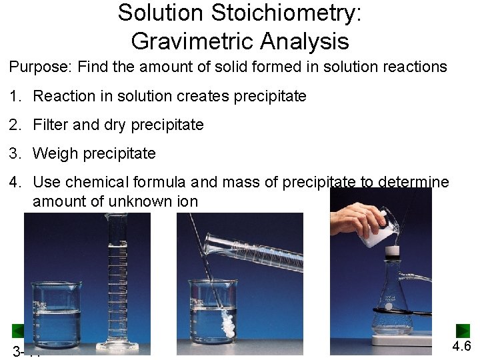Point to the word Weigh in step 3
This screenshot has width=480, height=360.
pyautogui.click(x=53, y=153)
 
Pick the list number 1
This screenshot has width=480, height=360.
pyautogui.click(x=14, y=96)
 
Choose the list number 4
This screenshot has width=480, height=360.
pyautogui.click(x=14, y=182)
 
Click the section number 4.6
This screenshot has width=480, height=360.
pyautogui.click(x=461, y=347)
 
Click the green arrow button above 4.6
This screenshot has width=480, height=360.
pyautogui.click(x=463, y=331)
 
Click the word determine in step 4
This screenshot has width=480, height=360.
pyautogui.click(x=413, y=182)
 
